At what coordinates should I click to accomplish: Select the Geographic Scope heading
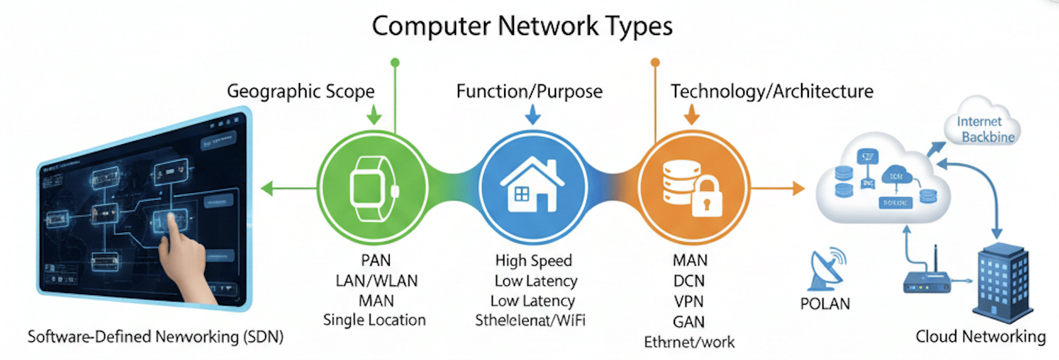[300, 92]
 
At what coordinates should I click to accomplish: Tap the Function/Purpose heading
[529, 92]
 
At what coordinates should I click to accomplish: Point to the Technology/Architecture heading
[772, 92]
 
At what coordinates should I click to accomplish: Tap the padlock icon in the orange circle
[707, 197]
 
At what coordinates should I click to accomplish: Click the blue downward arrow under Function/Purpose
[532, 114]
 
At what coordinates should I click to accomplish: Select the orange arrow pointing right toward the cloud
[779, 189]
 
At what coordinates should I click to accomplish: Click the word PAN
[376, 261]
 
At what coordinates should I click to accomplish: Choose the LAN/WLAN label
[376, 281]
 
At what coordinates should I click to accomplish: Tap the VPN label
[689, 302]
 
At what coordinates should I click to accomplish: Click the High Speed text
[533, 261]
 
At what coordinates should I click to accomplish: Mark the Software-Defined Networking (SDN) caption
[155, 337]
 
